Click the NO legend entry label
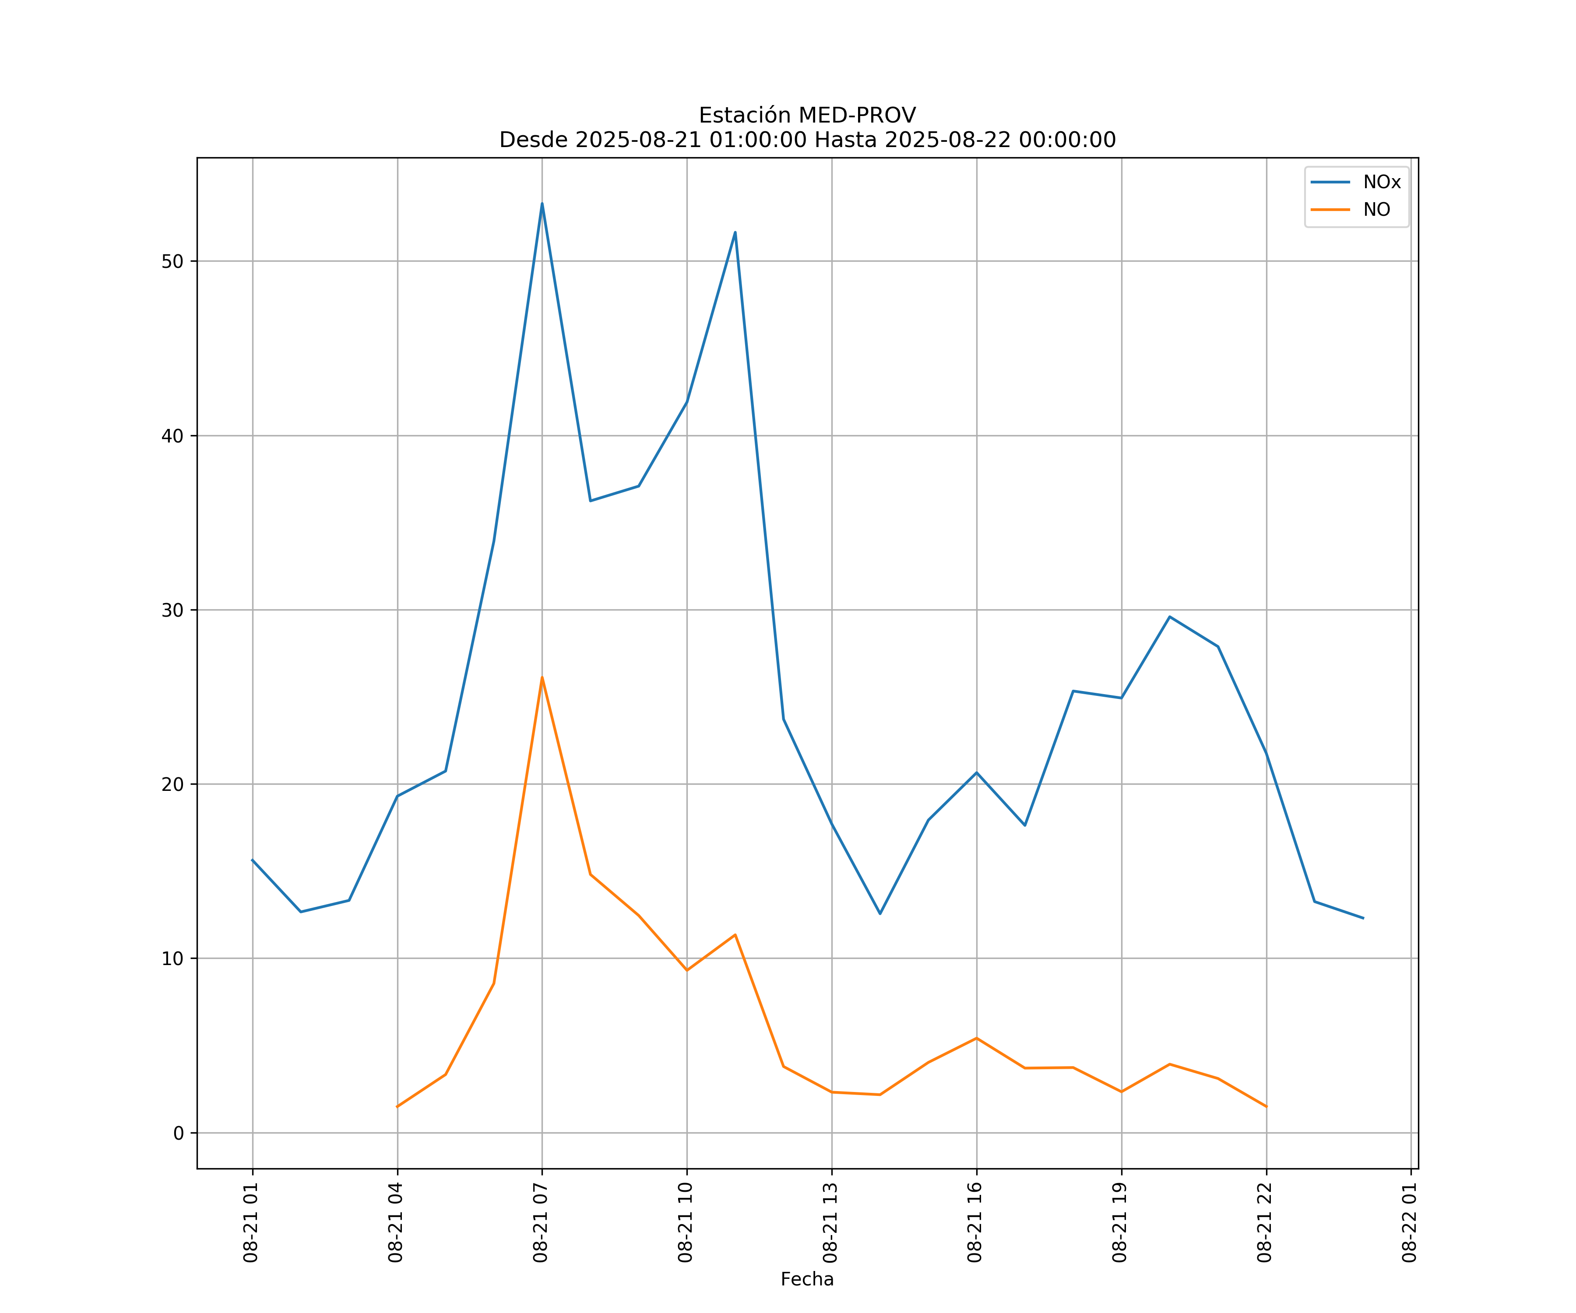[1376, 210]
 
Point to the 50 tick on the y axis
[172, 261]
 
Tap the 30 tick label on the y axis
[172, 610]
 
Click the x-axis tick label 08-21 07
[540, 1223]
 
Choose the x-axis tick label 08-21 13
[830, 1223]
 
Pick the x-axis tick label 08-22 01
[1409, 1223]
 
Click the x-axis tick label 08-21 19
[1120, 1223]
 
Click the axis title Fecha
[807, 1279]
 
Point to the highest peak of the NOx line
[542, 204]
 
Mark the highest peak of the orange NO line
[542, 678]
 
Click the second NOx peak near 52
[735, 232]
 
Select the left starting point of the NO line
[397, 1107]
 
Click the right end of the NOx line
[1363, 918]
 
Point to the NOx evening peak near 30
[1169, 617]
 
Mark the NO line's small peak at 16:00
[976, 1038]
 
